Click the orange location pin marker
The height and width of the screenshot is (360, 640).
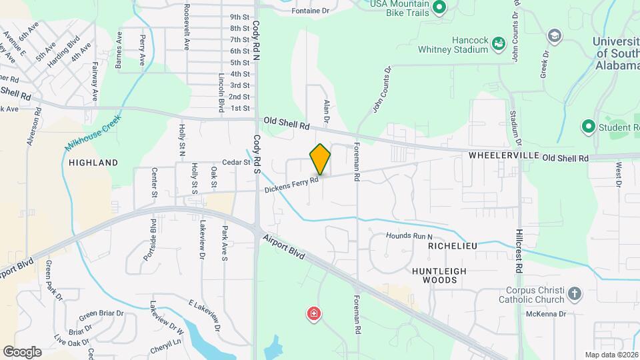point(320,159)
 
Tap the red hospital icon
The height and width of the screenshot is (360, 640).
point(313,313)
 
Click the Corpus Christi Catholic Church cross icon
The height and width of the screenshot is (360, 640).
point(574,293)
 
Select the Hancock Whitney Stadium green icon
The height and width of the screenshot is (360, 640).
point(497,43)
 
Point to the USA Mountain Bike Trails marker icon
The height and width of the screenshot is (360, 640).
point(439,8)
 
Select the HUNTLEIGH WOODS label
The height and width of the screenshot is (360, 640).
point(439,275)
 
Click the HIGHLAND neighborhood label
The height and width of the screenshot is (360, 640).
point(93,162)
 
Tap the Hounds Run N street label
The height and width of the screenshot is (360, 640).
point(410,236)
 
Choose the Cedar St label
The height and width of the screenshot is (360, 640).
point(235,162)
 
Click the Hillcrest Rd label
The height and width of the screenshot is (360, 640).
point(520,251)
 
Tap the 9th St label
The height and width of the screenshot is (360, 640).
point(239,17)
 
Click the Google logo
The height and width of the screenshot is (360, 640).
point(22,351)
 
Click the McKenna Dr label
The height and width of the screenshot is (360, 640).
point(545,313)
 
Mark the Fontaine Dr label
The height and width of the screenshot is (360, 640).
point(311,11)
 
